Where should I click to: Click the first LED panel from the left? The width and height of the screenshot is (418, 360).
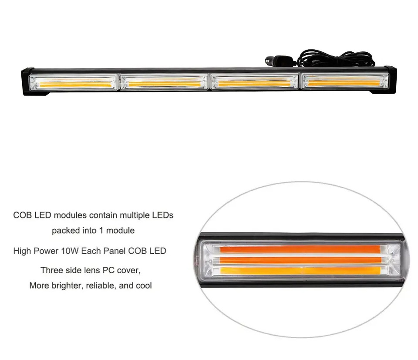click(72, 82)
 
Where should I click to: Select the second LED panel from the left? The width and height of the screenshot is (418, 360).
click(164, 82)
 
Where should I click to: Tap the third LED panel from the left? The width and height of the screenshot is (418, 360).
click(255, 82)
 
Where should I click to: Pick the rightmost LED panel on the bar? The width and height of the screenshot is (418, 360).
click(345, 81)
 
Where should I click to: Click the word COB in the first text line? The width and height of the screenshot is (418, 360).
click(22, 215)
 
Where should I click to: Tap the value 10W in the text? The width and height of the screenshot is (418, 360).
click(71, 251)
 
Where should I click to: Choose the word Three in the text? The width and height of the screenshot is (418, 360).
click(51, 270)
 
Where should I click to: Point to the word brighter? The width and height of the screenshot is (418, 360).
click(64, 286)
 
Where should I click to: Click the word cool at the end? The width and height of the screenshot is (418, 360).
click(143, 286)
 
